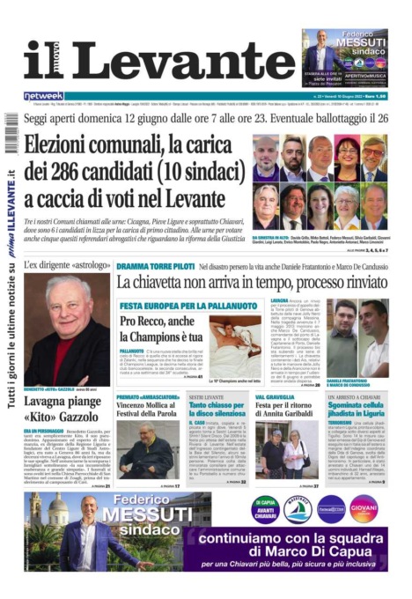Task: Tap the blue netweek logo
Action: (43, 95)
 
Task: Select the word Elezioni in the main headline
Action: (63, 146)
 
